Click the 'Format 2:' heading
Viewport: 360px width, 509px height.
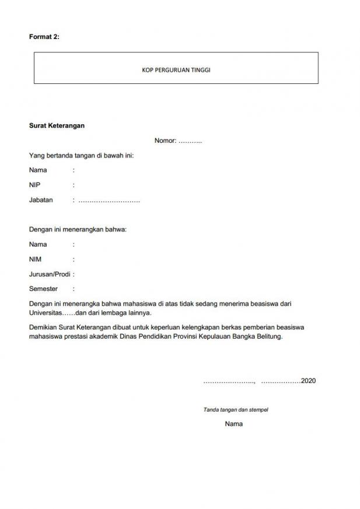point(44,37)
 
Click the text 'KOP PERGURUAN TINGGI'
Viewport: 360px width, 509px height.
point(176,69)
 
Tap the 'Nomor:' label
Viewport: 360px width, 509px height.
point(165,141)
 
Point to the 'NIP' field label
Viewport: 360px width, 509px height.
point(34,185)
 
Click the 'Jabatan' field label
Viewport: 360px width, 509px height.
point(41,200)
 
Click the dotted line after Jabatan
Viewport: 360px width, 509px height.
point(109,201)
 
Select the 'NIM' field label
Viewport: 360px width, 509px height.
point(35,259)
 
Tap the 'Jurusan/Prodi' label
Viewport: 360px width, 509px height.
point(50,274)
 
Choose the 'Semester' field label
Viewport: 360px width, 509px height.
point(43,289)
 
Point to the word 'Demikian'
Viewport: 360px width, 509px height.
point(43,328)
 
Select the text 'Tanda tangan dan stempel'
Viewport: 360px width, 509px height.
point(236,410)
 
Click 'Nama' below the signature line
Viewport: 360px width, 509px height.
point(233,424)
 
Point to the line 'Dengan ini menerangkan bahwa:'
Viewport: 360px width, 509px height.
point(78,230)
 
